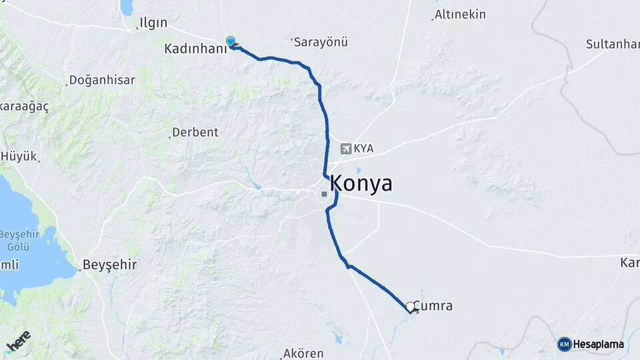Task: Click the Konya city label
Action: pos(361,184)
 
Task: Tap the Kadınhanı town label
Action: pos(191,49)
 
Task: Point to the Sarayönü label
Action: pos(321,42)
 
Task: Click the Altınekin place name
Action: pos(460,14)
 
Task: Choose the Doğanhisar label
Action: pos(102,80)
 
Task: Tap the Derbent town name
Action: pos(195,132)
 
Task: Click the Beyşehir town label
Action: pos(110,265)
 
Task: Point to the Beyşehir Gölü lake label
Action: pos(19,239)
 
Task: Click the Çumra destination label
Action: pos(433,306)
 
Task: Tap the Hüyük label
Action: pos(20,157)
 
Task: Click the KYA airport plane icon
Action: pos(345,149)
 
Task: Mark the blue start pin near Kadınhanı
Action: pos(231,42)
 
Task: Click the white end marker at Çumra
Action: pos(411,307)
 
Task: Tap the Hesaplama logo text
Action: pos(599,344)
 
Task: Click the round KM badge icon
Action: pos(564,344)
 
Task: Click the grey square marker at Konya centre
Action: pos(323,194)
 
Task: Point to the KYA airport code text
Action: pos(363,149)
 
